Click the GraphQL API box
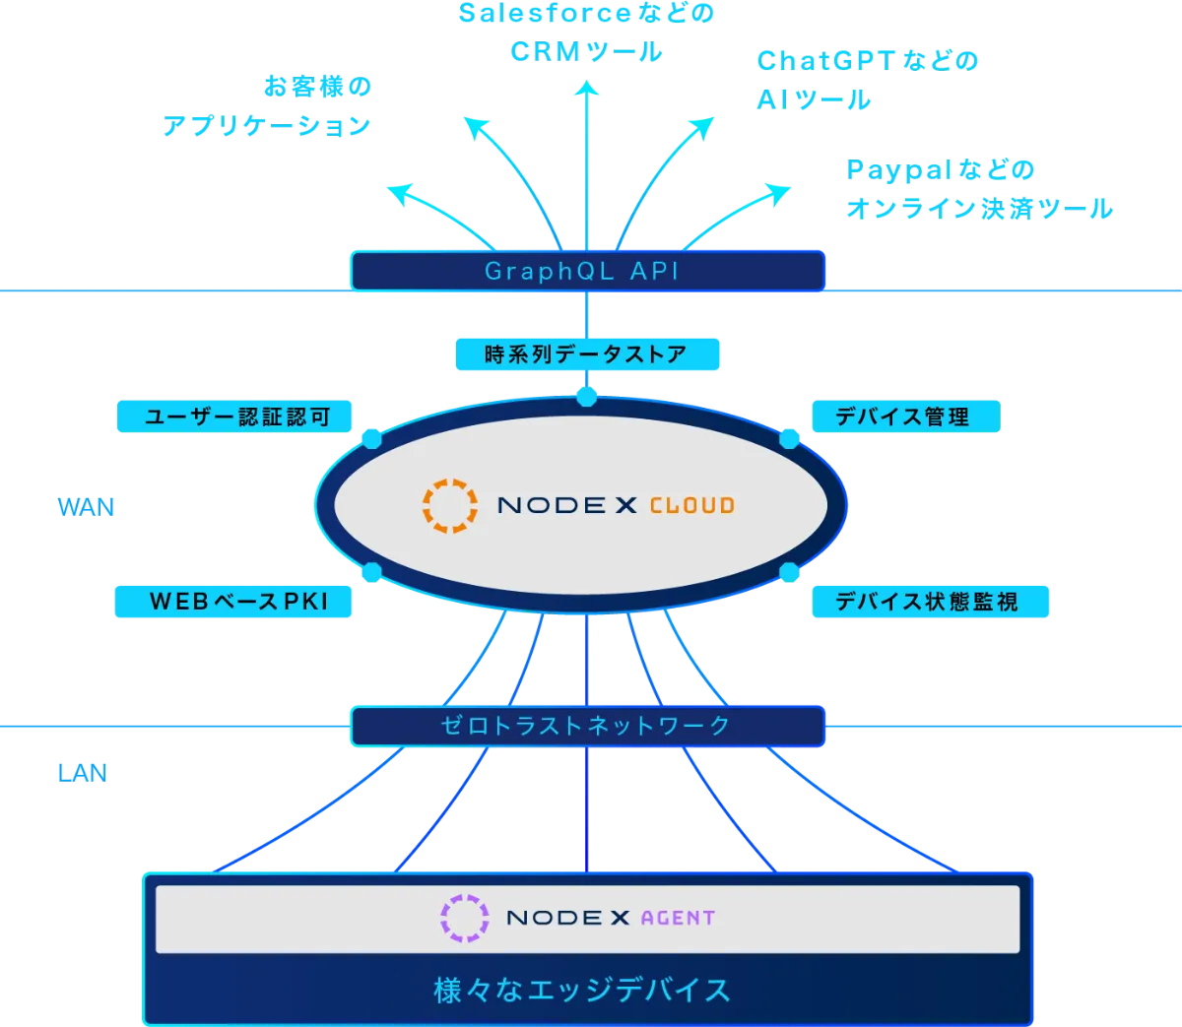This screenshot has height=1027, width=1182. (587, 271)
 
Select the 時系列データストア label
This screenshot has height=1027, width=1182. (587, 354)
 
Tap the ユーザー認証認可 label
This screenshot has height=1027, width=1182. (235, 417)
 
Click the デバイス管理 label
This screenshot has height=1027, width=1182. (904, 417)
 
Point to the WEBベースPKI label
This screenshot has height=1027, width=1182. (233, 601)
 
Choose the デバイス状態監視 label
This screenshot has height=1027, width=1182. (930, 601)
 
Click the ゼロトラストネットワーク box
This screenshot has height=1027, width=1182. (587, 726)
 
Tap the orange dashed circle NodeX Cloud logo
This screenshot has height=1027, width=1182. (450, 505)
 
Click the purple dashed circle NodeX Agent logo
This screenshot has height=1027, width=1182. (464, 918)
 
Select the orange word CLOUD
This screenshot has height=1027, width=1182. (691, 506)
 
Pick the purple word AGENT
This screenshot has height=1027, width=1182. (678, 918)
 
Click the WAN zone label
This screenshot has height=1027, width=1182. (86, 507)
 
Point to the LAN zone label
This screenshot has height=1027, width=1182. (83, 773)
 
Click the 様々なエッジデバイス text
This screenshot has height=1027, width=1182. (583, 990)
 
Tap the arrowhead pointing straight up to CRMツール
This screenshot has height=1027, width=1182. (587, 92)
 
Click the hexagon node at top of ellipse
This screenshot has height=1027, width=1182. (587, 396)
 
